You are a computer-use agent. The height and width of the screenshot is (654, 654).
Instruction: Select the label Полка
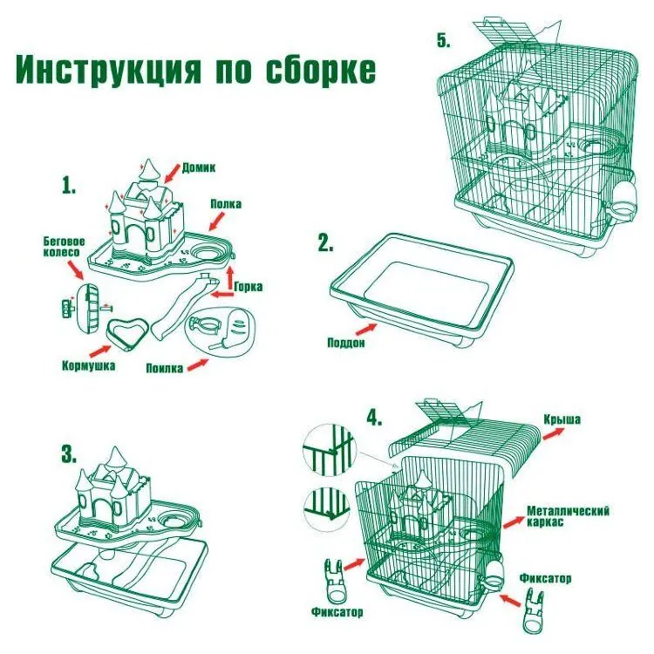click(x=225, y=204)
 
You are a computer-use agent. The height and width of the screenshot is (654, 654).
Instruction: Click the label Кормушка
click(x=88, y=365)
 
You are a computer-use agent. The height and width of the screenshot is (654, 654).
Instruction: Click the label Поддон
click(x=347, y=342)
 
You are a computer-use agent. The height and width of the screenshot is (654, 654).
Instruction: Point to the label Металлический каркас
click(x=568, y=515)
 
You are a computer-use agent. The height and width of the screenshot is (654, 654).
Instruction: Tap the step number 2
click(x=325, y=244)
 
